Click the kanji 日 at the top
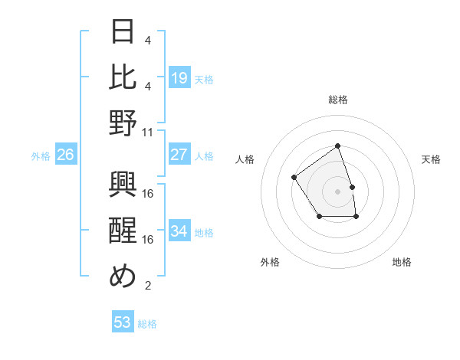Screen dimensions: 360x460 coord(123,32)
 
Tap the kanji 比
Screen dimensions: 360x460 coord(123,78)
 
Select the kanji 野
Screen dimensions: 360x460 coord(123,123)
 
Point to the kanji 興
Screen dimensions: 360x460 coord(123,185)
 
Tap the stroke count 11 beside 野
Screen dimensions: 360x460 coord(149,131)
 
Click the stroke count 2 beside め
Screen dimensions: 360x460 coord(148,286)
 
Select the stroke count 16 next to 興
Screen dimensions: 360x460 coord(149,193)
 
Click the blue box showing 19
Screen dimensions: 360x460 coord(179,78)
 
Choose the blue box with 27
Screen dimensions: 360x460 coord(179,155)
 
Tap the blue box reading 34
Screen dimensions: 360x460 coord(179,231)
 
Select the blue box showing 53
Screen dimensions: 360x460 coord(123,322)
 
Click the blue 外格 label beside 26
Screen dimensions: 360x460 coord(41,156)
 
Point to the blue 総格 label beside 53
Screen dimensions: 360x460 coord(147,324)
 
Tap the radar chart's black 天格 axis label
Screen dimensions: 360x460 coord(432,159)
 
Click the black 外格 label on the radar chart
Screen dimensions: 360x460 coord(270,262)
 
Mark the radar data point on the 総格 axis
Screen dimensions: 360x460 coord(337,146)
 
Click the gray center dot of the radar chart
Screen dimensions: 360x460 coord(337,191)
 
